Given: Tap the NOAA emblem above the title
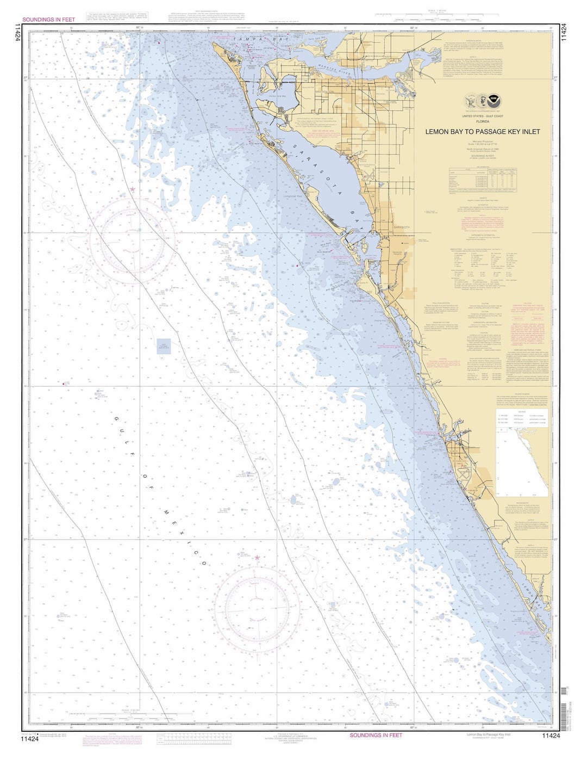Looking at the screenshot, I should click(x=492, y=100).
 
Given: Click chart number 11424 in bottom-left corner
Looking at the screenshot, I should click(x=30, y=738).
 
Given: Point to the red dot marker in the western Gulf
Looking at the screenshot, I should click(x=65, y=384).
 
